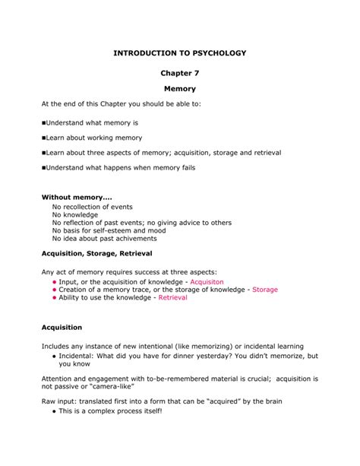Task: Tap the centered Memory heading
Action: pos(180,89)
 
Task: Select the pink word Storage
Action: pos(265,290)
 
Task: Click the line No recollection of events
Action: pos(92,207)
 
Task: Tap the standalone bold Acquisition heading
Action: pos(62,328)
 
